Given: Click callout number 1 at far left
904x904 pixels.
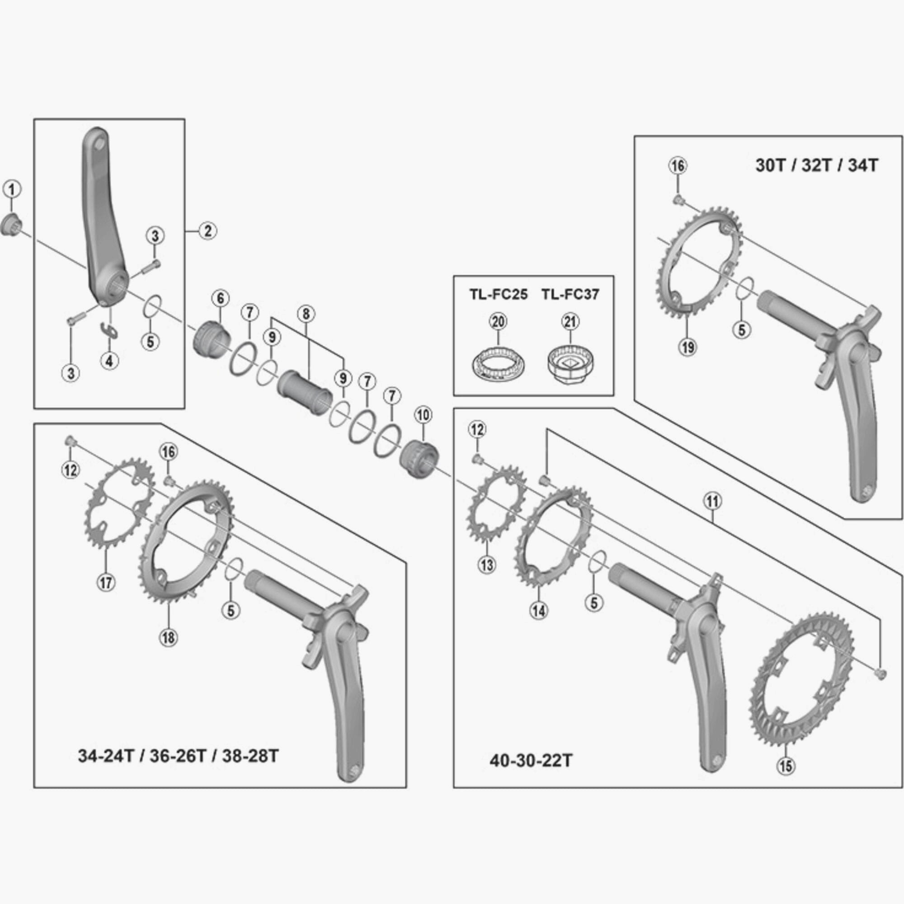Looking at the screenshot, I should point(12,189).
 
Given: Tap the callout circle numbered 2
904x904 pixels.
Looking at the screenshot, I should point(208,231).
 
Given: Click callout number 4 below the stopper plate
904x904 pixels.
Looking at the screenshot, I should point(109,361).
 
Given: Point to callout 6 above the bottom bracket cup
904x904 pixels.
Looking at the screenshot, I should point(221,298).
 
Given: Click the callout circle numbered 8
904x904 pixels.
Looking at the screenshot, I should point(306,314).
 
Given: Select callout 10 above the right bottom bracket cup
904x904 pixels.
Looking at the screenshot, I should point(424,414).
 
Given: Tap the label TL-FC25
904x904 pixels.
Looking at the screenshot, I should point(498,294).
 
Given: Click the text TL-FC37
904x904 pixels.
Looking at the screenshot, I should point(570,294).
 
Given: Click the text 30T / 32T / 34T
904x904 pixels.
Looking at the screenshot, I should point(817,165).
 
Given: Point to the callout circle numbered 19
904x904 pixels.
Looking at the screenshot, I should point(688,347).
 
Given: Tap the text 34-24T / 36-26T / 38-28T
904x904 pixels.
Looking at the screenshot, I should point(178,756).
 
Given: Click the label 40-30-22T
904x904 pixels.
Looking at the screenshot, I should point(531,760).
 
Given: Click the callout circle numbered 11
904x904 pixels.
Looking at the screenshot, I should point(712,502).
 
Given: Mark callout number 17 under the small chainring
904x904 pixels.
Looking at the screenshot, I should point(106,583).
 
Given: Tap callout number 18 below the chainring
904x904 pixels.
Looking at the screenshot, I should point(169,637).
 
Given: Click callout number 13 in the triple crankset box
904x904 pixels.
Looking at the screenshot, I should point(487,565).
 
